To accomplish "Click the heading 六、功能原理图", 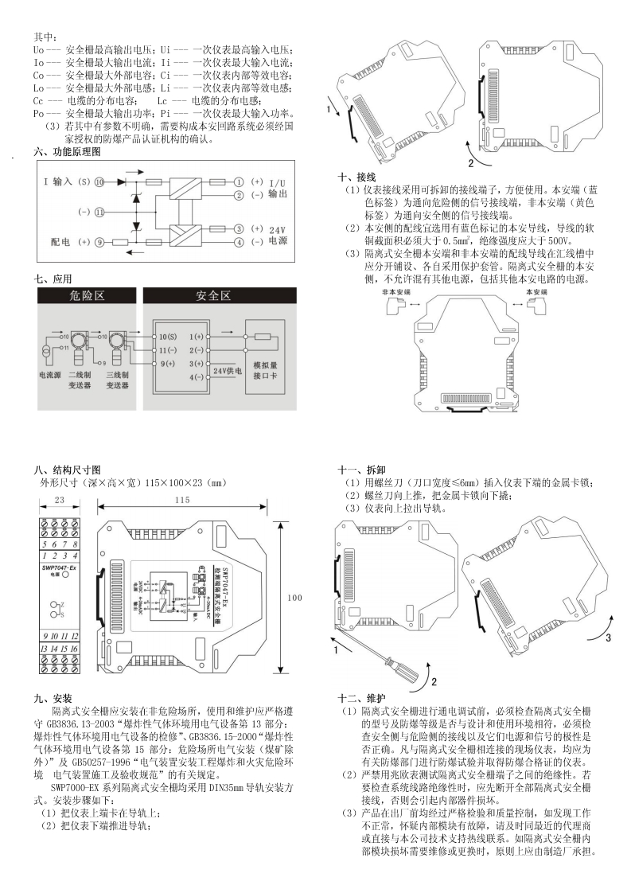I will [68, 150].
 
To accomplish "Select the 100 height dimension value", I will [294, 597].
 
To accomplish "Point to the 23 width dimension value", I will [59, 499].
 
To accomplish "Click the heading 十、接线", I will [356, 177].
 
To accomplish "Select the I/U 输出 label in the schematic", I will [278, 189].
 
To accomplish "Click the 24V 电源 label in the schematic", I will [278, 235].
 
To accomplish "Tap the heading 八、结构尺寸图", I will [68, 470].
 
